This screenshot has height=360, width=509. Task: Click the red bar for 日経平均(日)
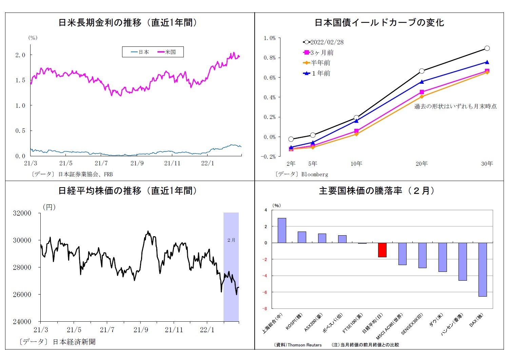[x=382, y=250]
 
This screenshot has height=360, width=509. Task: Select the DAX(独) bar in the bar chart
[x=483, y=269]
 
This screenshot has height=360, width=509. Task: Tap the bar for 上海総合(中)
[x=282, y=230]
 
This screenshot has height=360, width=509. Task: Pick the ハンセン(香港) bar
[x=463, y=261]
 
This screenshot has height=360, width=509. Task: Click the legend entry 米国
[x=167, y=52]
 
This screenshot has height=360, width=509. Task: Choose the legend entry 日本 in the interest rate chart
[x=140, y=52]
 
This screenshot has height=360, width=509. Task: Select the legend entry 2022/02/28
[x=323, y=42]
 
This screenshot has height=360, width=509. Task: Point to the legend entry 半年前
[x=316, y=63]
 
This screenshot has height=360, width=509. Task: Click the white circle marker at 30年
[x=487, y=48]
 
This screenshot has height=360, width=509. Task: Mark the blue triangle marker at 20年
[x=422, y=82]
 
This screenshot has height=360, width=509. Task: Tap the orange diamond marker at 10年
[x=356, y=134]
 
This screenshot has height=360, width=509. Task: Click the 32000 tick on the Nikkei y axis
[x=22, y=213]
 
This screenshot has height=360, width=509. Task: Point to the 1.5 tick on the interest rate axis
[x=20, y=80]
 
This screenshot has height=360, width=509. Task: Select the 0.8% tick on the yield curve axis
[x=270, y=58]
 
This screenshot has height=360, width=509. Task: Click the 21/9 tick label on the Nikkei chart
[x=141, y=330]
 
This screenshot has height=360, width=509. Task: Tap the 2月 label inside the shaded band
[x=231, y=240]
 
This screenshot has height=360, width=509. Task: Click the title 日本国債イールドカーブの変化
[x=379, y=22]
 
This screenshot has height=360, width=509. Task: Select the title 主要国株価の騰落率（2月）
[x=376, y=191]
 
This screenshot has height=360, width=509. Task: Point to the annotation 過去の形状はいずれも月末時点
[x=455, y=106]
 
